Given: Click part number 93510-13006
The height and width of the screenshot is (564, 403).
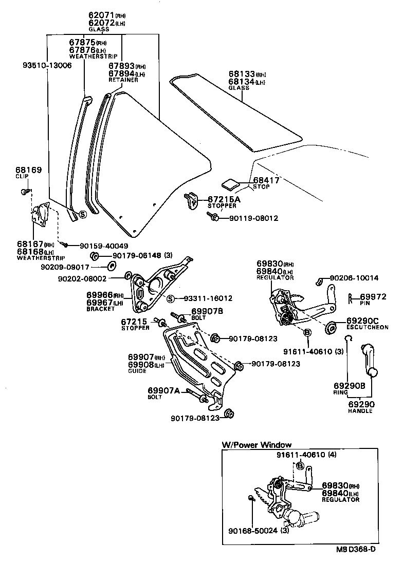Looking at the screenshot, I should [47, 66].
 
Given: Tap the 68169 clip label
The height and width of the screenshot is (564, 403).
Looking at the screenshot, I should [28, 170].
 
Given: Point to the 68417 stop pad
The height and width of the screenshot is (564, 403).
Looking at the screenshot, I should [230, 184].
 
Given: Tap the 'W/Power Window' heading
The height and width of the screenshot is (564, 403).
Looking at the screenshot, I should [257, 445].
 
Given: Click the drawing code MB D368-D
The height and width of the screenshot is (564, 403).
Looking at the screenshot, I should [356, 550].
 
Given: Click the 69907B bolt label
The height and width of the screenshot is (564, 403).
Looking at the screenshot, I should [207, 311].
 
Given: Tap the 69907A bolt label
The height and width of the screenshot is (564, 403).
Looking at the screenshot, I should [163, 391].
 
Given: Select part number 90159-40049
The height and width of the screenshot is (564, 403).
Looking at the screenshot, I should [104, 246].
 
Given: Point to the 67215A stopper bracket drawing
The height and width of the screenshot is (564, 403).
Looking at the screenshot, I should [192, 201].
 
